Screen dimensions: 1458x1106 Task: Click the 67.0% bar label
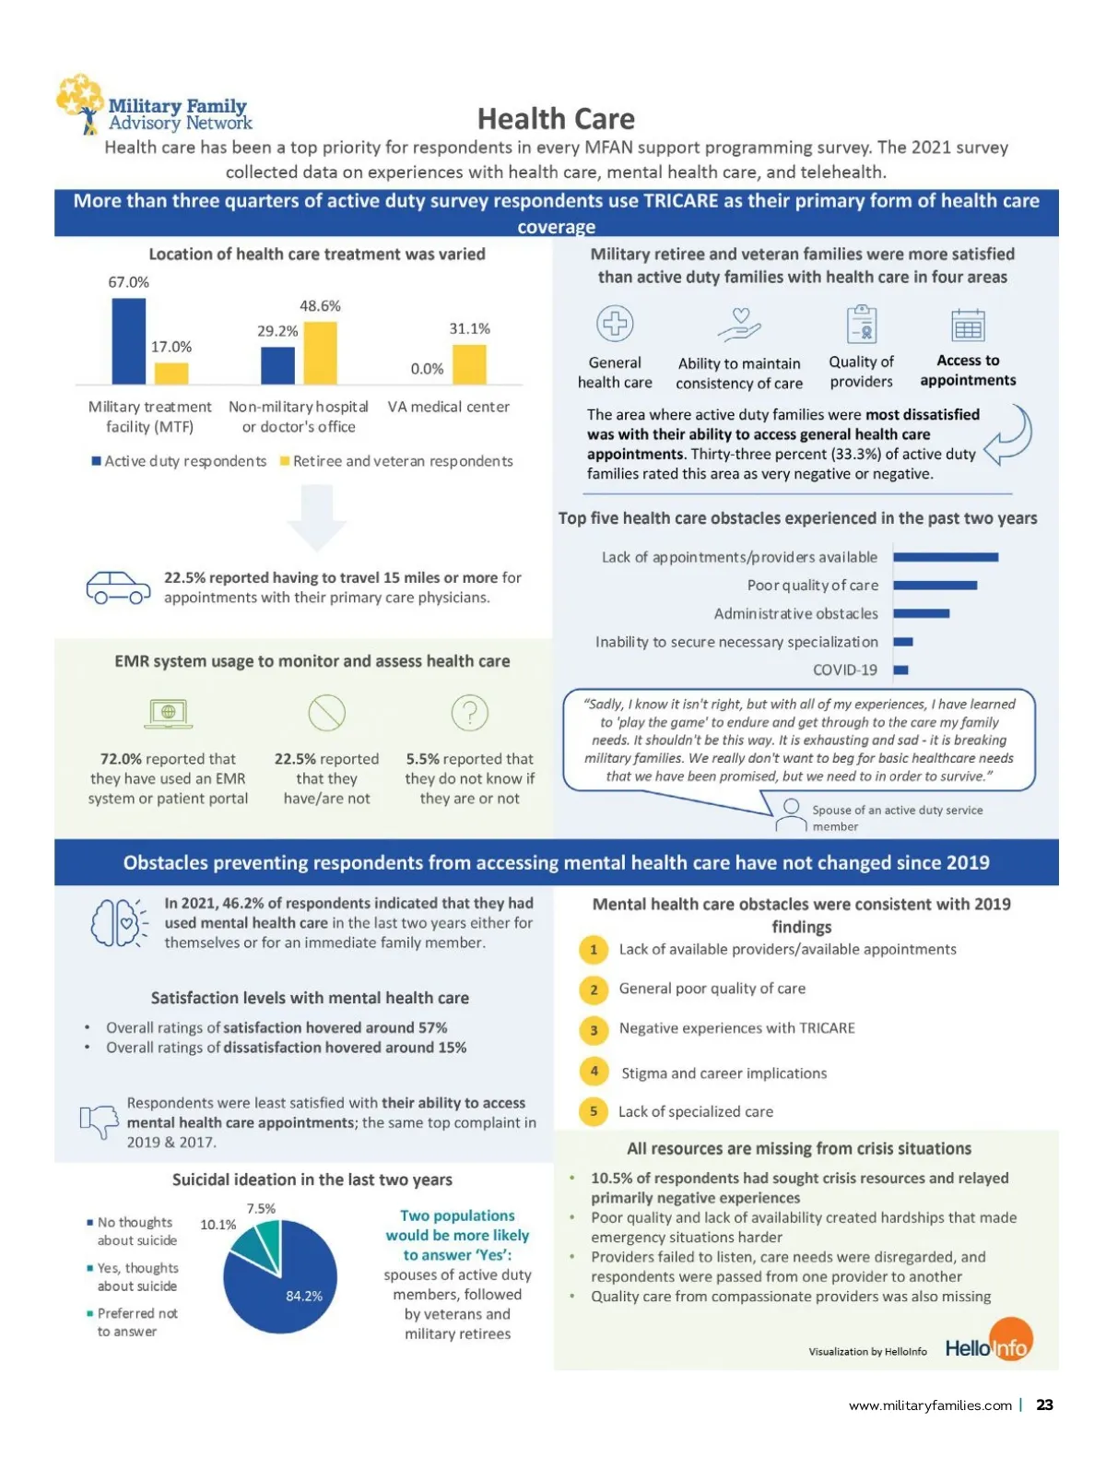[128, 282]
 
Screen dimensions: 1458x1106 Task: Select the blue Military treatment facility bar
[128, 341]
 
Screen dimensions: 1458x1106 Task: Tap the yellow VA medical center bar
[469, 364]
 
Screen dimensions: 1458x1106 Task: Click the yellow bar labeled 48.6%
[320, 352]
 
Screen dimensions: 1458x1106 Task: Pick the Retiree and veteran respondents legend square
[285, 461]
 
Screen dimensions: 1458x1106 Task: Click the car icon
[118, 587]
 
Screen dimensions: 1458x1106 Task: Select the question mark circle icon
[469, 713]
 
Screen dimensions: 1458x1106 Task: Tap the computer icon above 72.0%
[169, 713]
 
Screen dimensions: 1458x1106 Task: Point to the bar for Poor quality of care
[935, 586]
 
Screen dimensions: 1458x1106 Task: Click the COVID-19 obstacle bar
[901, 670]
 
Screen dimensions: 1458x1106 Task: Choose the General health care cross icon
[615, 324]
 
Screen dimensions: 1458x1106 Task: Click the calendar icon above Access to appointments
[968, 326]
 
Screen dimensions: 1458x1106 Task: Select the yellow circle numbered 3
[594, 1030]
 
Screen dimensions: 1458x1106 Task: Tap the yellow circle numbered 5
[594, 1111]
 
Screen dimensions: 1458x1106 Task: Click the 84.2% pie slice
[286, 1291]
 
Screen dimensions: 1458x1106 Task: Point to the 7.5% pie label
[261, 1209]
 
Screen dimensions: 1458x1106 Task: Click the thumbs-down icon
[100, 1121]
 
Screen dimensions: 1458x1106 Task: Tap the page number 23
[1044, 1405]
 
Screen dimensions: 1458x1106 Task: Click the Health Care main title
[556, 119]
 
